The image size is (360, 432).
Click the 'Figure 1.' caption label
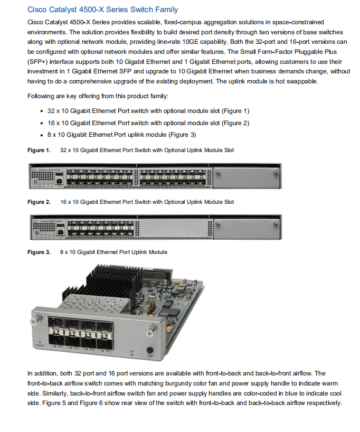(39, 151)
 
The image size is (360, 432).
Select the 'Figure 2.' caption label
(39, 202)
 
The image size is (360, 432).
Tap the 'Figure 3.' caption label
(39, 252)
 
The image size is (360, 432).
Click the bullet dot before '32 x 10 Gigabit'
(42, 111)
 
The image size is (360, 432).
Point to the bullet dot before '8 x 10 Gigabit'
(42, 134)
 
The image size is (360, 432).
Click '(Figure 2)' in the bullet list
(235, 123)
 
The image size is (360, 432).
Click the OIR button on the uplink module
(149, 349)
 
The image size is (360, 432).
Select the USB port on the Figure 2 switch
(61, 230)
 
